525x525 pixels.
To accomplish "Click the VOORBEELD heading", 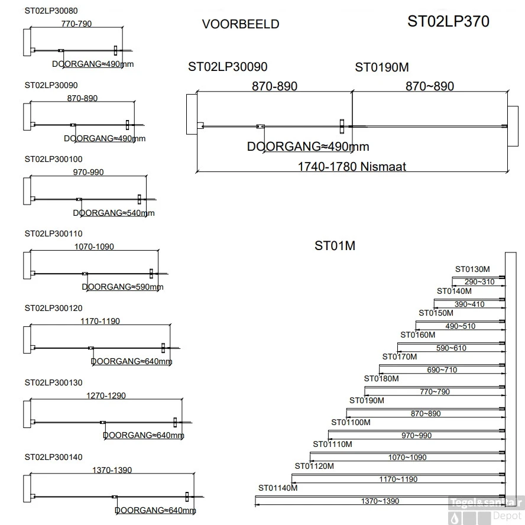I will (240, 24).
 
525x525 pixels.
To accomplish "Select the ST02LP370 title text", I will (448, 21).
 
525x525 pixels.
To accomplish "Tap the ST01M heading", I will (335, 245).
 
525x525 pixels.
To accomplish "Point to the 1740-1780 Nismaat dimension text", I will (352, 167).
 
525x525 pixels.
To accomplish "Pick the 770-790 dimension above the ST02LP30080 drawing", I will (76, 24).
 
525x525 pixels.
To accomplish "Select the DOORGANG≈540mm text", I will (114, 213).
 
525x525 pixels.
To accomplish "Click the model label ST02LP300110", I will (53, 234).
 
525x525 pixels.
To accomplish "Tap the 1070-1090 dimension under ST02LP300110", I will (94, 247).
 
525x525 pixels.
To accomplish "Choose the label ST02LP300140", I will (53, 457).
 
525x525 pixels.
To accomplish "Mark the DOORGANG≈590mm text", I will (122, 287).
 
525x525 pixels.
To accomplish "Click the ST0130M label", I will (472, 269).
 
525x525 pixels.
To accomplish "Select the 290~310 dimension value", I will (479, 282).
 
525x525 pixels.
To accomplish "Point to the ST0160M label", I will (417, 335).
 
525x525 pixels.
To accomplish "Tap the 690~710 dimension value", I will (442, 370).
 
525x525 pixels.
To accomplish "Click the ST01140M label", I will (278, 488).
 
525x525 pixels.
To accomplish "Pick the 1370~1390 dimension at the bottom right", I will (380, 501).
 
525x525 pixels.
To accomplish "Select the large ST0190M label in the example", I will (382, 67).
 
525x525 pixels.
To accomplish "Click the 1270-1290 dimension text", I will (106, 396).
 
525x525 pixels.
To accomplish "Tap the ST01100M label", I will (351, 422).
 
